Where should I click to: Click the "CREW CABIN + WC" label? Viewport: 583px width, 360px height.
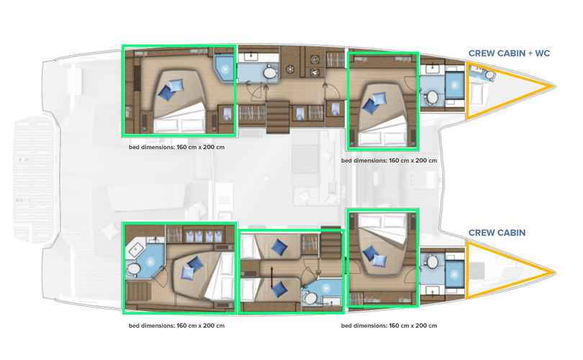click(509, 53)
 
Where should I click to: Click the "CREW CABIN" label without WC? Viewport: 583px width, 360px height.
click(497, 233)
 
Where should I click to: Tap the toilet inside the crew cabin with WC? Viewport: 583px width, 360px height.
click(490, 76)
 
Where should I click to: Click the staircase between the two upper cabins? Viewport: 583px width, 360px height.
click(278, 117)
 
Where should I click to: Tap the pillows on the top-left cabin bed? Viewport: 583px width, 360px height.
click(171, 89)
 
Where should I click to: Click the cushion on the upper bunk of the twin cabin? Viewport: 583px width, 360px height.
click(279, 247)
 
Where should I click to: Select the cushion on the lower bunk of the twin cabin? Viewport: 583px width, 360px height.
click(279, 289)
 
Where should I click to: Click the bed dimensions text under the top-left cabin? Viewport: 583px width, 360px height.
click(176, 147)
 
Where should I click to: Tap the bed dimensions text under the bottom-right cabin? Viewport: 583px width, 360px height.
click(389, 325)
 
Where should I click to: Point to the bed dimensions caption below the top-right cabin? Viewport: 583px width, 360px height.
click(389, 161)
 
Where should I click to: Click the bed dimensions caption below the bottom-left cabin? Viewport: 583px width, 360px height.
click(176, 325)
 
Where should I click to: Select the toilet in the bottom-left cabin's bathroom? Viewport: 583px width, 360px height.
click(132, 269)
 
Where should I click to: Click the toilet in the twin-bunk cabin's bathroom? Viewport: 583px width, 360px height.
click(309, 298)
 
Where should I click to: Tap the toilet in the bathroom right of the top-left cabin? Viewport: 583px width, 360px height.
click(271, 73)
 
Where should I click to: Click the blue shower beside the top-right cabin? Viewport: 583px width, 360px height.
click(454, 86)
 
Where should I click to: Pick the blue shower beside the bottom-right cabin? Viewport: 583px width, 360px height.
click(454, 274)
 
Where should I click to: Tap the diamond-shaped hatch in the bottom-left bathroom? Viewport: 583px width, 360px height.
click(137, 249)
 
